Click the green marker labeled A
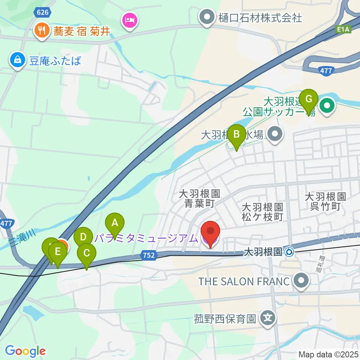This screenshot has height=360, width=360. click(115, 223)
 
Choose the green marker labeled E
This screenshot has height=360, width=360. click(57, 252)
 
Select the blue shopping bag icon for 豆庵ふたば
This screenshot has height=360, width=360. click(17, 60)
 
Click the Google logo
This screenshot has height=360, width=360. click(25, 351)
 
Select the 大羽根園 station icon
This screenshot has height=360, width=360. click(289, 252)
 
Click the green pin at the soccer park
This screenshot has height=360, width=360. click(327, 106)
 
